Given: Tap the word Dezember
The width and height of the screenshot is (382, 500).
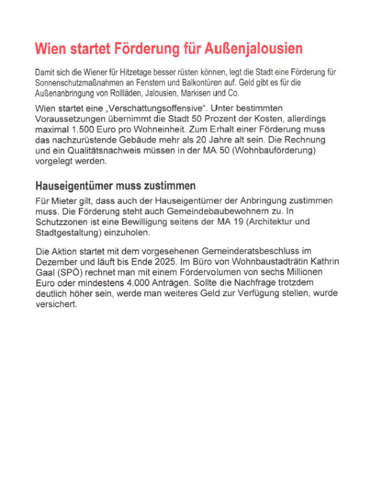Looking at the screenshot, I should pyautogui.click(x=59, y=262).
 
